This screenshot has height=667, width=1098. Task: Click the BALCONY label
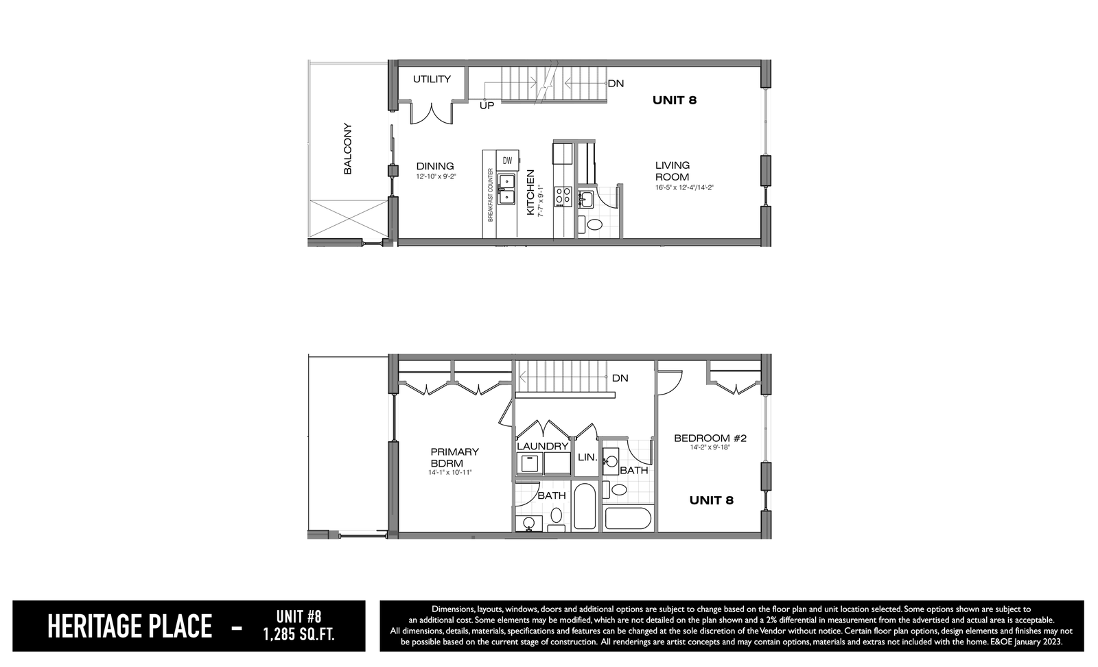point(347,148)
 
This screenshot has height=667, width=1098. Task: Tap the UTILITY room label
point(432,79)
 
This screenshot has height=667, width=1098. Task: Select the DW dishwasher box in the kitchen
point(507,160)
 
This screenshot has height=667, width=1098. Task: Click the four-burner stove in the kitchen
point(563,196)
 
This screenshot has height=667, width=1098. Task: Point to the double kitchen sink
point(506,189)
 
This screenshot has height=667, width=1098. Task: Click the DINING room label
point(435,166)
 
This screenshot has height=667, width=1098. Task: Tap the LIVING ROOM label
point(672,171)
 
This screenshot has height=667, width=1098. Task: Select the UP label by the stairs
point(487,106)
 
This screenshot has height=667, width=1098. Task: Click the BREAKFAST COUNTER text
point(490,195)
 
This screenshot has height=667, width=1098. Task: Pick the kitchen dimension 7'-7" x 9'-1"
point(541,201)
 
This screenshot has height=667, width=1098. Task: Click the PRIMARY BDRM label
point(454,457)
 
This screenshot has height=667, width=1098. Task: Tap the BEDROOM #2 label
point(710,438)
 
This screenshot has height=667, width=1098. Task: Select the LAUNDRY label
point(542,447)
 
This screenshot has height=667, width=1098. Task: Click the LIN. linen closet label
point(587,457)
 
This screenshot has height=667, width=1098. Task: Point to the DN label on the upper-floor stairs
point(620,378)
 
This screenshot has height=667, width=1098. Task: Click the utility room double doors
point(432,114)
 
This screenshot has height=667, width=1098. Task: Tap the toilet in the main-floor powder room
point(594,225)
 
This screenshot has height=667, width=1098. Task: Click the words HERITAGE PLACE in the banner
point(130,627)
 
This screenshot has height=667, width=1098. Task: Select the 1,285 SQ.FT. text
point(299,635)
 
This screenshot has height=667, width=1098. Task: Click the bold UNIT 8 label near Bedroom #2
point(711,500)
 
